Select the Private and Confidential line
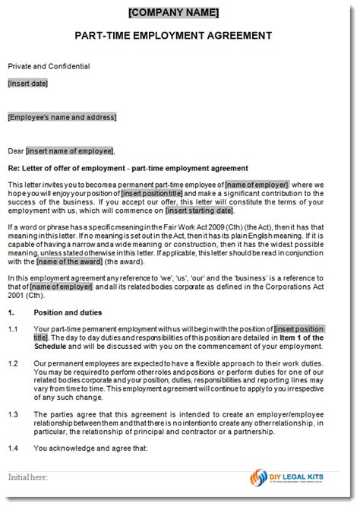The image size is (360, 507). (49, 66)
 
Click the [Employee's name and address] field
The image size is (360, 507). (62, 117)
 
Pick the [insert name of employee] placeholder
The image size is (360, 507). (70, 151)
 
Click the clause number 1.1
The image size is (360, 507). (13, 329)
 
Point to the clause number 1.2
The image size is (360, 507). (13, 364)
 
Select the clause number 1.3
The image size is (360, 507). (13, 414)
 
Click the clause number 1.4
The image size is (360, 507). (13, 448)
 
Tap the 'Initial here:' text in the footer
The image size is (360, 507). (28, 477)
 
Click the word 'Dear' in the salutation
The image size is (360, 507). (16, 151)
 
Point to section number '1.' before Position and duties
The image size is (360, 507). (11, 312)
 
